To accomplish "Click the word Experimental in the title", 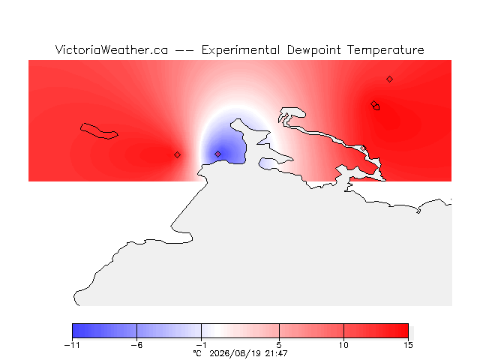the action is point(241,50).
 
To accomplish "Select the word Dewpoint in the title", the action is point(313,50).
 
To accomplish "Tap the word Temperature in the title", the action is point(385,50).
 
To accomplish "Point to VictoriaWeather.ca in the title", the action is point(112,49).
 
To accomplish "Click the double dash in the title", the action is point(184,50).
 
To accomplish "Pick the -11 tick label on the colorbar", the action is point(72,345).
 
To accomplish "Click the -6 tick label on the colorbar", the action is point(136,345).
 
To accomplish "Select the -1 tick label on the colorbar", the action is point(201,345).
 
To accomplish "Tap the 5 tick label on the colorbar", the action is point(279,345).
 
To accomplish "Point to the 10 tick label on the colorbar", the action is point(343,345).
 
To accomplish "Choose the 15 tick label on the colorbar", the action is point(408,345).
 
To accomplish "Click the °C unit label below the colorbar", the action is point(197,353).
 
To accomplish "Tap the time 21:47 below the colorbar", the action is point(277,353).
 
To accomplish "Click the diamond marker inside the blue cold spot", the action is point(217,154).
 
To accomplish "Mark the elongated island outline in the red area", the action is point(99,131).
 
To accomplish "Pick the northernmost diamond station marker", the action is point(389,79).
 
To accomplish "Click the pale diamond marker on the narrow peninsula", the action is point(363,148).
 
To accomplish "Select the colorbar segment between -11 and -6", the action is point(104,331).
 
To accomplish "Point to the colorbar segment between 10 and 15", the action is point(376,331).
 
